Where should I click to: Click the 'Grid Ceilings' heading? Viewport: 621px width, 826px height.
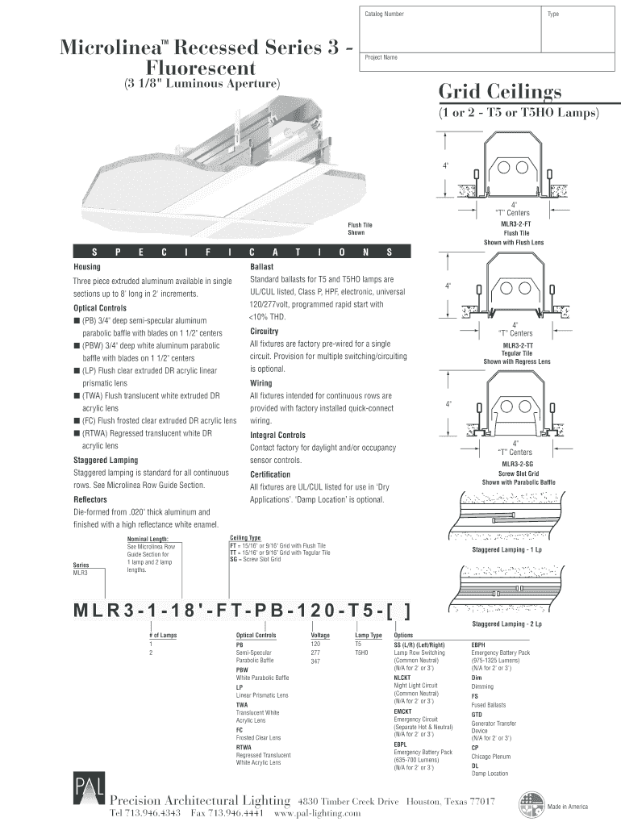click(499, 91)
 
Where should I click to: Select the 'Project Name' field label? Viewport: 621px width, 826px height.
click(381, 58)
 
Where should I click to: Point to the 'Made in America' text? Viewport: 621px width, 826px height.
click(569, 807)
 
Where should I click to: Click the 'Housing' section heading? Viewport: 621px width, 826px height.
click(87, 266)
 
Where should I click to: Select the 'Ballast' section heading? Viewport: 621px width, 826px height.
click(262, 266)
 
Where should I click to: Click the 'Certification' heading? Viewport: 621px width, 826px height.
click(270, 474)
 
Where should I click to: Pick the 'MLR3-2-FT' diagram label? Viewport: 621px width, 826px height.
click(515, 223)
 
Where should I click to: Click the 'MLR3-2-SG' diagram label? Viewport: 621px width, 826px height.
click(517, 464)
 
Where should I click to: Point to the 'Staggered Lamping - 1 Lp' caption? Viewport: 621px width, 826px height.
click(506, 549)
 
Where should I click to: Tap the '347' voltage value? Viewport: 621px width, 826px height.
click(315, 661)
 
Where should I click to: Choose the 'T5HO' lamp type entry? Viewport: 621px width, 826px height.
click(361, 652)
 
